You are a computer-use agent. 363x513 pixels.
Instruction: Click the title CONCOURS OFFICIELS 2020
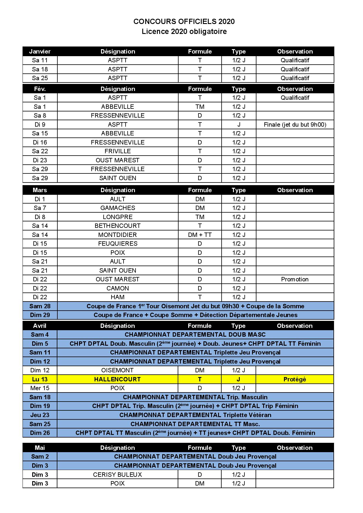pyautogui.click(x=184, y=22)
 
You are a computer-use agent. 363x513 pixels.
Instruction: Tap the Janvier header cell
pyautogui.click(x=40, y=51)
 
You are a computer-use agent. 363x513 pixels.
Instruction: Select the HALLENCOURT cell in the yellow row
pyautogui.click(x=117, y=379)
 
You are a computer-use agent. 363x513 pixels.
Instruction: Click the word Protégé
pyautogui.click(x=295, y=379)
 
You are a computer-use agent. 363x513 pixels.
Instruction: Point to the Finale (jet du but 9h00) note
pyautogui.click(x=295, y=125)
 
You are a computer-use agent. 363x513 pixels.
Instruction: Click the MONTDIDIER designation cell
pyautogui.click(x=117, y=235)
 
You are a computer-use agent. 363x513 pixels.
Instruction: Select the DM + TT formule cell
pyautogui.click(x=200, y=235)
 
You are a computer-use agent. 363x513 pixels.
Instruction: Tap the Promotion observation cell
pyautogui.click(x=295, y=279)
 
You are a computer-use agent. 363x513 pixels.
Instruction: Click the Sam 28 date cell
pyautogui.click(x=40, y=306)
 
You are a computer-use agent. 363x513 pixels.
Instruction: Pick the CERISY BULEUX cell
pyautogui.click(x=117, y=475)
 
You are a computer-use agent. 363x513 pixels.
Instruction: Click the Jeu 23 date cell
pyautogui.click(x=40, y=415)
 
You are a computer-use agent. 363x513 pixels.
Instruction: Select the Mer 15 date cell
pyautogui.click(x=40, y=388)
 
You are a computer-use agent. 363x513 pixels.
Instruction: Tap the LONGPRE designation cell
pyautogui.click(x=117, y=217)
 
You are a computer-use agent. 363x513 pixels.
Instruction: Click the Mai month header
pyautogui.click(x=40, y=448)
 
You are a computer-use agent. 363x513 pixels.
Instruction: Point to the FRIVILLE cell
pyautogui.click(x=117, y=151)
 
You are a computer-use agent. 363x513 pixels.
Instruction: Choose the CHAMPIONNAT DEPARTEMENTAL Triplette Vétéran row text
pyautogui.click(x=195, y=415)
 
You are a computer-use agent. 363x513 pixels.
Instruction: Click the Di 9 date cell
pyautogui.click(x=40, y=125)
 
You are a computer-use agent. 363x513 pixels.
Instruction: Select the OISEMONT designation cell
pyautogui.click(x=117, y=370)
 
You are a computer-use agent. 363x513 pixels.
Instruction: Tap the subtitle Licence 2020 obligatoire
pyautogui.click(x=184, y=32)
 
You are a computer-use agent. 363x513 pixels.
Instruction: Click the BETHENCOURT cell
pyautogui.click(x=117, y=226)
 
